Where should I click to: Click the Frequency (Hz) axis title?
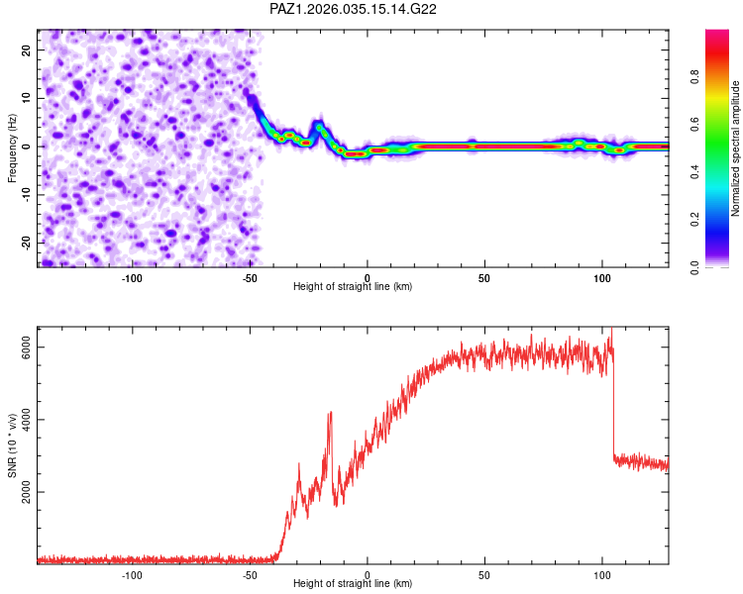click(12, 148)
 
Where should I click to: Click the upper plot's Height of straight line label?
click(353, 287)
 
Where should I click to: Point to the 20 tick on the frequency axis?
click(27, 49)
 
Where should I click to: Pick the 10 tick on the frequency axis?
click(27, 98)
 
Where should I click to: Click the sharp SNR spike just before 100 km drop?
click(611, 331)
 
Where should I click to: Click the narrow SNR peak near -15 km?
click(331, 413)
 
